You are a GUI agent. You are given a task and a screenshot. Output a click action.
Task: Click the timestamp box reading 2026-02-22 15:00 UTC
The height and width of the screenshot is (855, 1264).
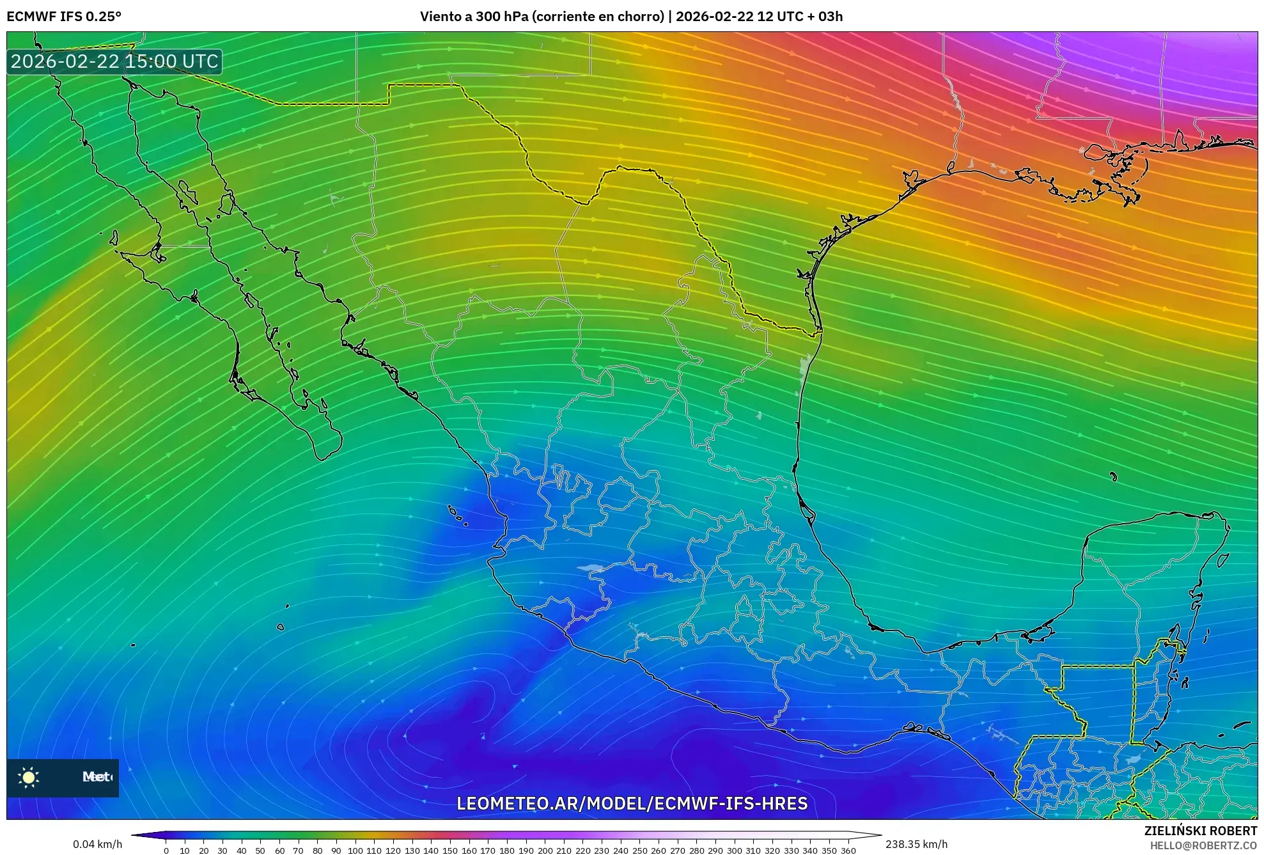(114, 62)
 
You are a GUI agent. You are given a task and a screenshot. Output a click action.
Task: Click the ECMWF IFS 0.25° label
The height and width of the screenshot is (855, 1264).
(64, 17)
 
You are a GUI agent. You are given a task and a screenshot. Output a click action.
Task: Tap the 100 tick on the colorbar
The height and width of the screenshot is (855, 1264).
(355, 851)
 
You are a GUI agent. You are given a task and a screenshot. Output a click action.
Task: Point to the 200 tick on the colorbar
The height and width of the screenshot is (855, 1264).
(545, 851)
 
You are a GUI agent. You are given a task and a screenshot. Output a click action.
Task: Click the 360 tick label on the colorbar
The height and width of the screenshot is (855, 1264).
(848, 851)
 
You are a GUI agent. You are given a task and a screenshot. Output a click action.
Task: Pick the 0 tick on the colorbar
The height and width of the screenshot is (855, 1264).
(166, 851)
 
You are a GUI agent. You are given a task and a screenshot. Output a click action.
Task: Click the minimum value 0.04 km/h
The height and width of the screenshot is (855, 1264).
(97, 844)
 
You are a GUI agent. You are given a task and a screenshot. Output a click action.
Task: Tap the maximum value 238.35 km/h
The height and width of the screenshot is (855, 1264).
(916, 844)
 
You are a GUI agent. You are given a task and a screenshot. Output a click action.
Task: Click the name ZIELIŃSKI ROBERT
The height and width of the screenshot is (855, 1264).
(1200, 831)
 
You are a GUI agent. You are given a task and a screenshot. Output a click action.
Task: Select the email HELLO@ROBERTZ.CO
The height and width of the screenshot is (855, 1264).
(1203, 845)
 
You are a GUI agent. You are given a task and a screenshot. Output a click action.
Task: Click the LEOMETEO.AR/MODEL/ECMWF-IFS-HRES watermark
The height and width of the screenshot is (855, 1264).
(632, 803)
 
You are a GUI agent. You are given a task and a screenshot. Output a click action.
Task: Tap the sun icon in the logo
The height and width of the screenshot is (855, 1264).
(29, 777)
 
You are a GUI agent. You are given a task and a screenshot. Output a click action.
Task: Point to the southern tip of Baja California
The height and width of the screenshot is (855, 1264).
(323, 455)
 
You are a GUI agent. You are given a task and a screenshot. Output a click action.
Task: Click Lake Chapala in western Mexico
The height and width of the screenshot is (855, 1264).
(590, 567)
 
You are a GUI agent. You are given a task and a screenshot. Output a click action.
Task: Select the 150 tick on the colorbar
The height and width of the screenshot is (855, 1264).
(450, 851)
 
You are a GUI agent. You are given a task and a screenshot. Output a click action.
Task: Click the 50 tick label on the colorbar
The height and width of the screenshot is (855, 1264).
(260, 851)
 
